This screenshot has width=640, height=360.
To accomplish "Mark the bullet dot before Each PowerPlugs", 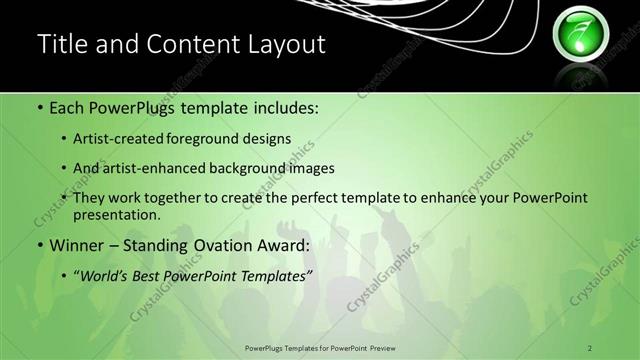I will (40, 105).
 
